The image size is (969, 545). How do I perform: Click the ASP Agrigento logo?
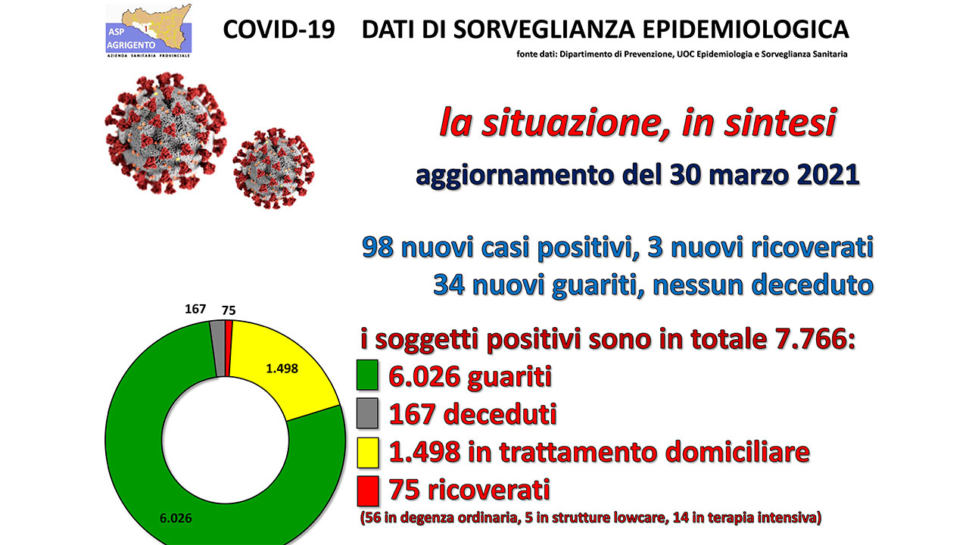(x=148, y=31)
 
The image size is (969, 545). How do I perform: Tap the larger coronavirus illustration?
(x=166, y=132)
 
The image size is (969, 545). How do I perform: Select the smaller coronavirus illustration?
(x=274, y=168)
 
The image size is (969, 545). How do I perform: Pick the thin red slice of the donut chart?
(x=229, y=349)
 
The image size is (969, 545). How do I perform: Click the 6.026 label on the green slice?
(x=176, y=519)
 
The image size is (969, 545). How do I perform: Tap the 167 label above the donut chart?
(x=195, y=309)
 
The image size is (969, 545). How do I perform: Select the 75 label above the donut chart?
(x=229, y=310)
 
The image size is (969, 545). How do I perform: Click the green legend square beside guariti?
(x=367, y=375)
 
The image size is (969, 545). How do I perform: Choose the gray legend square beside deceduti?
(x=367, y=413)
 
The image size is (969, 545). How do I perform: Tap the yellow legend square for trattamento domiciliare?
(x=368, y=453)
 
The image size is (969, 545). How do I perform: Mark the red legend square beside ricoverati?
(x=368, y=491)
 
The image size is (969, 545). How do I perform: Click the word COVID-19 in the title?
(x=279, y=30)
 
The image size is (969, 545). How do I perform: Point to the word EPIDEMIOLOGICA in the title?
(x=746, y=30)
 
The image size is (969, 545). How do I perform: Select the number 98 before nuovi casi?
(x=378, y=248)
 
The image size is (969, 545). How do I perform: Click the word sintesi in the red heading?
(x=780, y=123)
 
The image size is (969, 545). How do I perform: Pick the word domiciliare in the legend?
(x=737, y=452)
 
